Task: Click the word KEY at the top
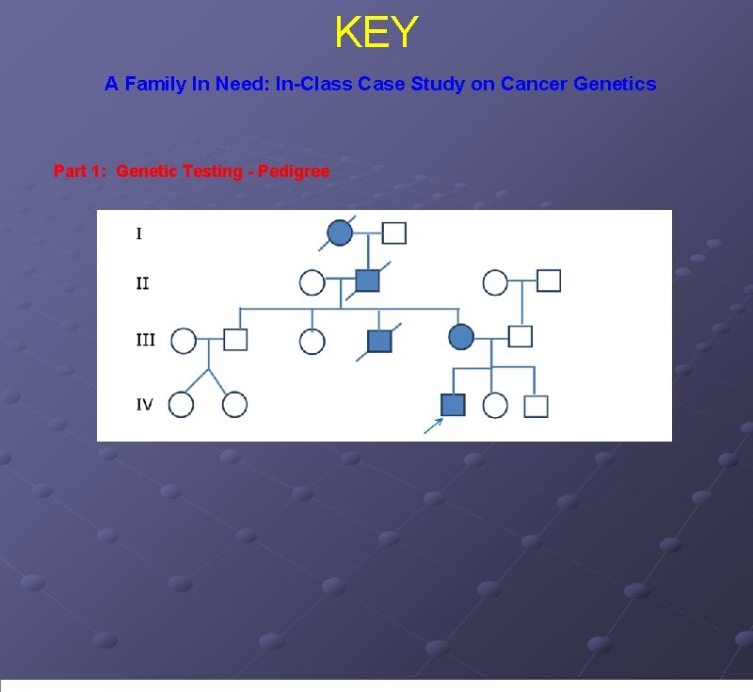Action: click(376, 33)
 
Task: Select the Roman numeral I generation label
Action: click(139, 233)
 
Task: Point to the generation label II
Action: click(141, 282)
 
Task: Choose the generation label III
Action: click(145, 340)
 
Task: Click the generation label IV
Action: click(145, 405)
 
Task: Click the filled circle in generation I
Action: click(340, 232)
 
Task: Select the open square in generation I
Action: click(394, 233)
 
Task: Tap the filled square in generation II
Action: click(367, 281)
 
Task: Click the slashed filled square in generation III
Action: click(378, 341)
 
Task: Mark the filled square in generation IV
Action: click(454, 405)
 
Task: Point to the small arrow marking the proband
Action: click(433, 426)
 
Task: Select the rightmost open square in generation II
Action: click(549, 281)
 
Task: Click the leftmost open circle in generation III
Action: click(184, 340)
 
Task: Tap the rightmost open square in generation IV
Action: click(536, 406)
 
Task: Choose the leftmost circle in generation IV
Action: click(182, 405)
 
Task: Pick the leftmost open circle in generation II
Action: click(312, 282)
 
